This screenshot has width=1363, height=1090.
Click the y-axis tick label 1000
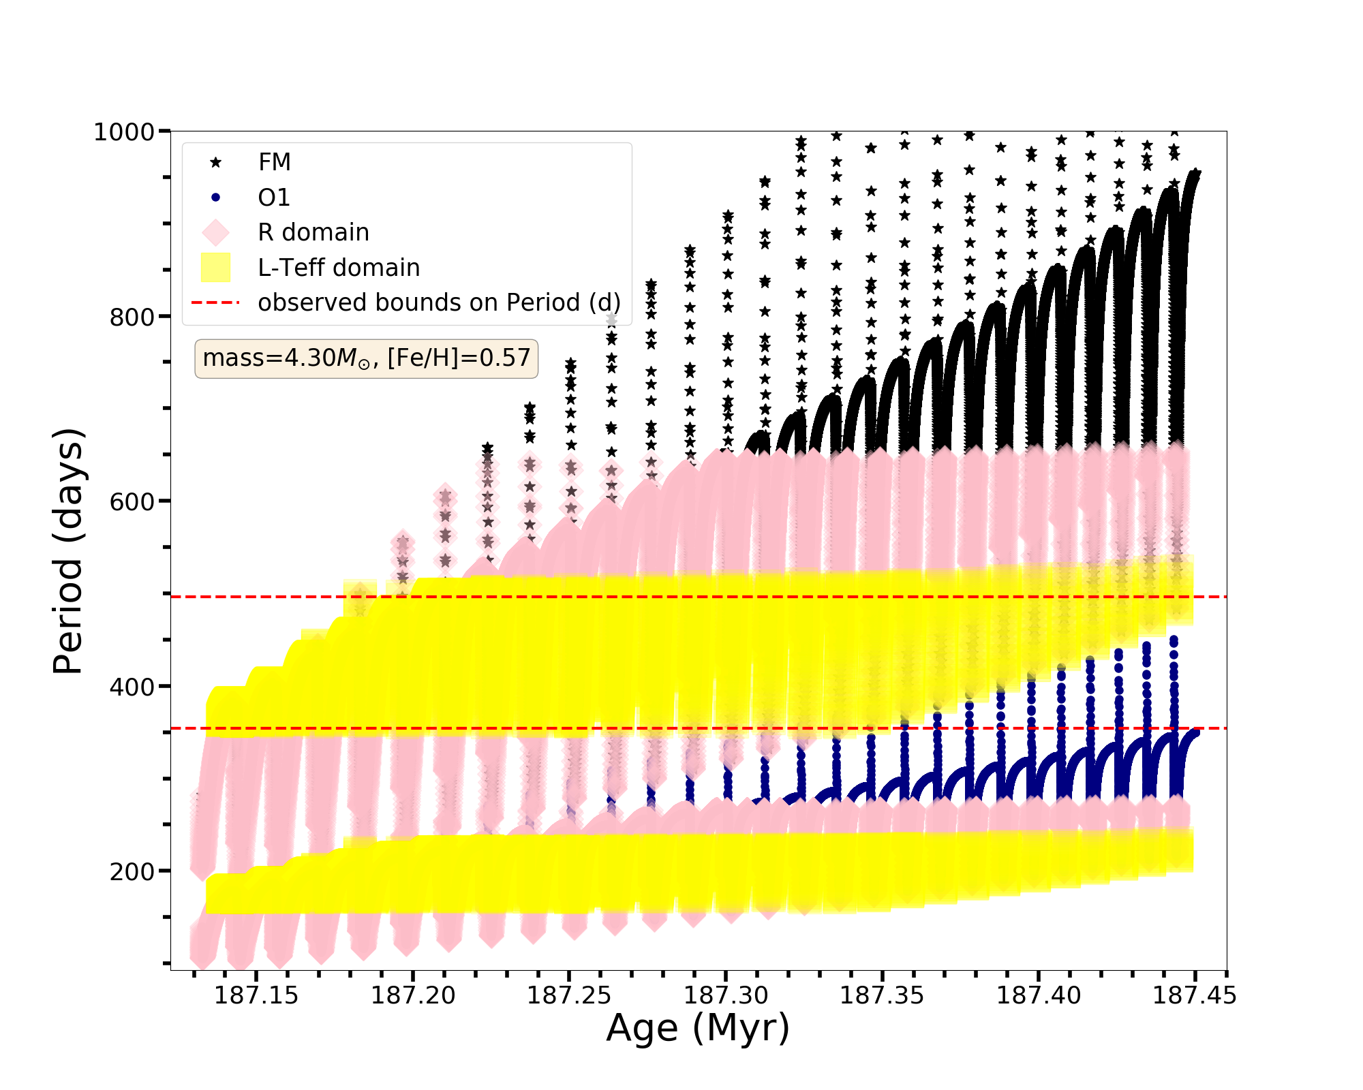coord(123,131)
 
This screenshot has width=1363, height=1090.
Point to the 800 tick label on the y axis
coord(132,317)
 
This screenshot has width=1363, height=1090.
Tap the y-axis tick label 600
coord(132,501)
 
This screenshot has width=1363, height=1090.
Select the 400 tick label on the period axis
coord(132,687)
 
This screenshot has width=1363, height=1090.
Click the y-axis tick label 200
coord(132,871)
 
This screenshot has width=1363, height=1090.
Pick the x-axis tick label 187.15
coord(256,996)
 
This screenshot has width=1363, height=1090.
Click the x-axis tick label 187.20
coord(413,996)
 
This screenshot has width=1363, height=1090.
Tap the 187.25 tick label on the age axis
coord(569,996)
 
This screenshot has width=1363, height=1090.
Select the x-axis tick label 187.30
coord(726,996)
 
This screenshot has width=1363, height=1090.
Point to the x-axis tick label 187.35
coord(882,996)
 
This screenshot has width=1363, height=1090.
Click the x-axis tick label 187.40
coord(1039,996)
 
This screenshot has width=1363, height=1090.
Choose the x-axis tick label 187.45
coord(1194,996)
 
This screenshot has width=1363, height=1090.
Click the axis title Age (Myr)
coord(698,1029)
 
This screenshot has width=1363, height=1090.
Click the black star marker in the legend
coord(215,162)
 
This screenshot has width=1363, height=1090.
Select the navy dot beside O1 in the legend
coord(215,198)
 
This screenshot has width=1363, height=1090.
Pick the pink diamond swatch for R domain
coord(215,232)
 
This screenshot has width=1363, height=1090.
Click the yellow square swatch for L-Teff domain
coord(215,268)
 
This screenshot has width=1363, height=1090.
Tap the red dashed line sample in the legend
coord(215,302)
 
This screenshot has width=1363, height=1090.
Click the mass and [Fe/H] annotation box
coord(366,358)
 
